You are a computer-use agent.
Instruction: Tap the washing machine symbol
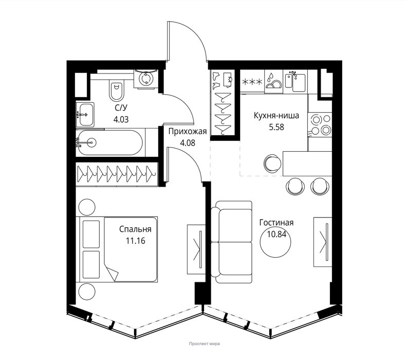click(x=145, y=79)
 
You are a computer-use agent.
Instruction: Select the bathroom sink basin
click(x=85, y=114)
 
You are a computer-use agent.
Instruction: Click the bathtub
click(x=110, y=142)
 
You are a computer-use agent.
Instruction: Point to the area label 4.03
click(x=121, y=119)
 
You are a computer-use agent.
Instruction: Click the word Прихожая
click(x=188, y=132)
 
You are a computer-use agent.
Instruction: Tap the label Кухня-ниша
click(x=276, y=115)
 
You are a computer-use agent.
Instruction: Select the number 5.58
click(x=276, y=127)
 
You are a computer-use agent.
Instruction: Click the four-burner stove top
click(x=320, y=124)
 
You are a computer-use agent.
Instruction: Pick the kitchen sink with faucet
click(x=295, y=81)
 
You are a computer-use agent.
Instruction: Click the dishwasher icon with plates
click(x=274, y=81)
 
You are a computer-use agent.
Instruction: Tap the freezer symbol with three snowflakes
click(x=252, y=82)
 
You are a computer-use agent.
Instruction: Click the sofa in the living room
click(x=231, y=242)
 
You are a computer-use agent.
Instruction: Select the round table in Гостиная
click(x=275, y=242)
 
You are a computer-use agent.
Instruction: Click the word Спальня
click(x=135, y=229)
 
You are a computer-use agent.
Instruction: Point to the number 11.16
click(x=136, y=241)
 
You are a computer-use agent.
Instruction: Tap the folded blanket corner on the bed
click(x=112, y=273)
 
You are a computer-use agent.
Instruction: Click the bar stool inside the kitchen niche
click(x=272, y=164)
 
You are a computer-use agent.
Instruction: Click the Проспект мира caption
click(x=205, y=344)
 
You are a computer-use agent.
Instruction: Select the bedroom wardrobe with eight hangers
click(x=117, y=174)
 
